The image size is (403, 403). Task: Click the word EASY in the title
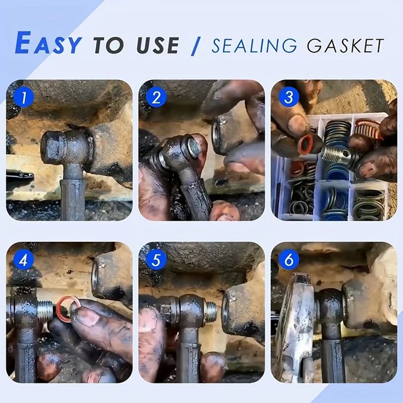[x=48, y=43]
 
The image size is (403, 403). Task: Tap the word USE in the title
[x=158, y=45]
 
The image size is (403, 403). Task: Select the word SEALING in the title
[x=254, y=45]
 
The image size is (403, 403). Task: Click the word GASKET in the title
[x=345, y=45]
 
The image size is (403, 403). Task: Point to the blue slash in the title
[x=196, y=46]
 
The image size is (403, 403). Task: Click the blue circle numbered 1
[x=24, y=97]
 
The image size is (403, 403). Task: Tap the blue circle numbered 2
[x=156, y=97]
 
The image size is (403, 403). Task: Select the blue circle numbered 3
[x=289, y=97]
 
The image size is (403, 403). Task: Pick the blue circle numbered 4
[x=24, y=260]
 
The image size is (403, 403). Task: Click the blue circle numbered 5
[x=156, y=260]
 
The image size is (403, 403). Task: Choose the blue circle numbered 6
[x=289, y=260]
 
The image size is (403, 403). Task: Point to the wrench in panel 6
[x=295, y=326]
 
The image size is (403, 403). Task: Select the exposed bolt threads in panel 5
[x=211, y=311]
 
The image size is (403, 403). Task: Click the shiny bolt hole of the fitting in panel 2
[x=193, y=147]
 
